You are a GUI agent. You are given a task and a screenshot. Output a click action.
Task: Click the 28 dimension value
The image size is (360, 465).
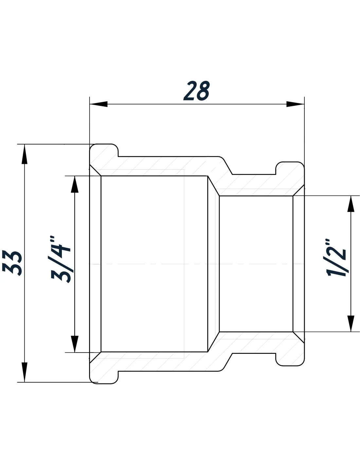[196, 91]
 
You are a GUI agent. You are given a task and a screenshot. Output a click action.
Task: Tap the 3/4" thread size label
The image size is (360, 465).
[61, 259]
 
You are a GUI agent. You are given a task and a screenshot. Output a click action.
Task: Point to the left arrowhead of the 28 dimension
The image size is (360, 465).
[98, 104]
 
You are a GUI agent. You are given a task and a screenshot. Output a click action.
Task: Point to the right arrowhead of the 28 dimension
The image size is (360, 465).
[295, 104]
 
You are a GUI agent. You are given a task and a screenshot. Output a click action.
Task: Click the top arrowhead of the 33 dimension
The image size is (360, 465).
[25, 154]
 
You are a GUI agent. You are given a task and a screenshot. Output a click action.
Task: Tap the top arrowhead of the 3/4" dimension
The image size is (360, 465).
[75, 184]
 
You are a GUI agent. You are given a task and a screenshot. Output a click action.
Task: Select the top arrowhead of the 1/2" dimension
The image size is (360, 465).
[351, 204]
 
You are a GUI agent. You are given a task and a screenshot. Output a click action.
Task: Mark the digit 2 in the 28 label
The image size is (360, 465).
[190, 91]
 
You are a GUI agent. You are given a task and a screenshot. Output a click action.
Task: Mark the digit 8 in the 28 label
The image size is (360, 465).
[203, 91]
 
